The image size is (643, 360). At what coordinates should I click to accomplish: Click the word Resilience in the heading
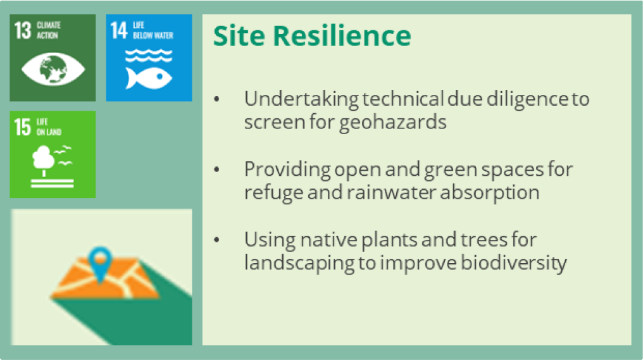point(342,35)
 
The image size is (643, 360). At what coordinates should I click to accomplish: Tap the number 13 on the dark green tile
point(23,30)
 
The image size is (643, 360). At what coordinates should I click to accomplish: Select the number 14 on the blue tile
point(119,30)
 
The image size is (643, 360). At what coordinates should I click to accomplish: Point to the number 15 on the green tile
point(23,127)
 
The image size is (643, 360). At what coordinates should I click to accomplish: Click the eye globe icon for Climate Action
point(53,69)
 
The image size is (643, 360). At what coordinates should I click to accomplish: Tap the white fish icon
point(149,77)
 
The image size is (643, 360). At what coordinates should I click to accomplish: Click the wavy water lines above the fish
point(149,55)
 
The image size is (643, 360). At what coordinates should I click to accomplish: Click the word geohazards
point(393,122)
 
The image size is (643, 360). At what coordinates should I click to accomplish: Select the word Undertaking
point(301,99)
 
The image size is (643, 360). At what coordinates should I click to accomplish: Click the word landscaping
point(299,263)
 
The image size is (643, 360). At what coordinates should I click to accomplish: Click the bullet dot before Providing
point(217,169)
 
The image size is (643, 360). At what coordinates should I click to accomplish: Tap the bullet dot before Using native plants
point(217,239)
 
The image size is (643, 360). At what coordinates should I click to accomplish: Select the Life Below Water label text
point(153,30)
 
